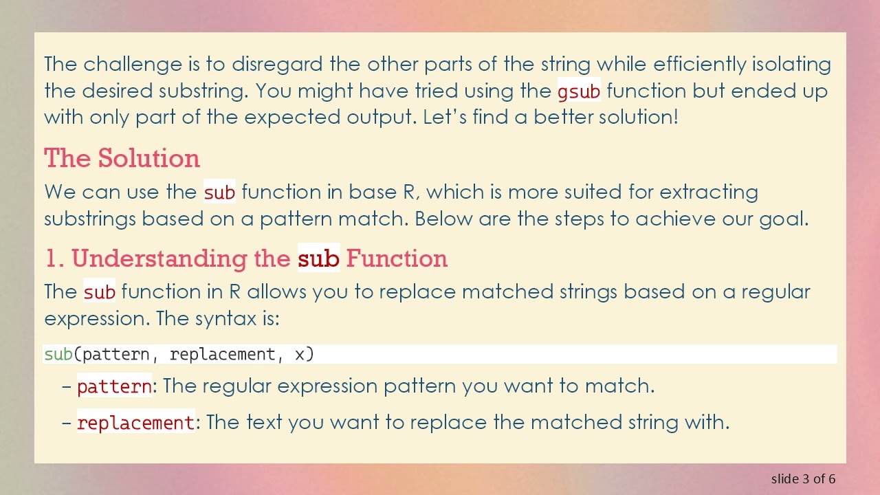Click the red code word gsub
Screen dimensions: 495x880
(579, 91)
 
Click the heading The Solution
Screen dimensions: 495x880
(122, 159)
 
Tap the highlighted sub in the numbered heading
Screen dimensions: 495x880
(318, 259)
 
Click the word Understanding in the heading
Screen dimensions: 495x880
(181, 259)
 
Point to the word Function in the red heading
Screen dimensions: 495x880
(397, 259)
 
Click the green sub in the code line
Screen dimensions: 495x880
(58, 354)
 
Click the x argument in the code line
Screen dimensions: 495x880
(300, 354)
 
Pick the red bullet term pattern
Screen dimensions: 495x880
(114, 386)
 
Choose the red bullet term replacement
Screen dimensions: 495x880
(135, 422)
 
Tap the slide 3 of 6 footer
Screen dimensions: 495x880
(803, 478)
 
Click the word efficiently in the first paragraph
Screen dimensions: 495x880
(699, 65)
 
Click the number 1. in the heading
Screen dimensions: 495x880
(54, 259)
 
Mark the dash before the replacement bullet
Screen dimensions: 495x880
(67, 422)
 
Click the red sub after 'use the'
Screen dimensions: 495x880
(219, 192)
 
